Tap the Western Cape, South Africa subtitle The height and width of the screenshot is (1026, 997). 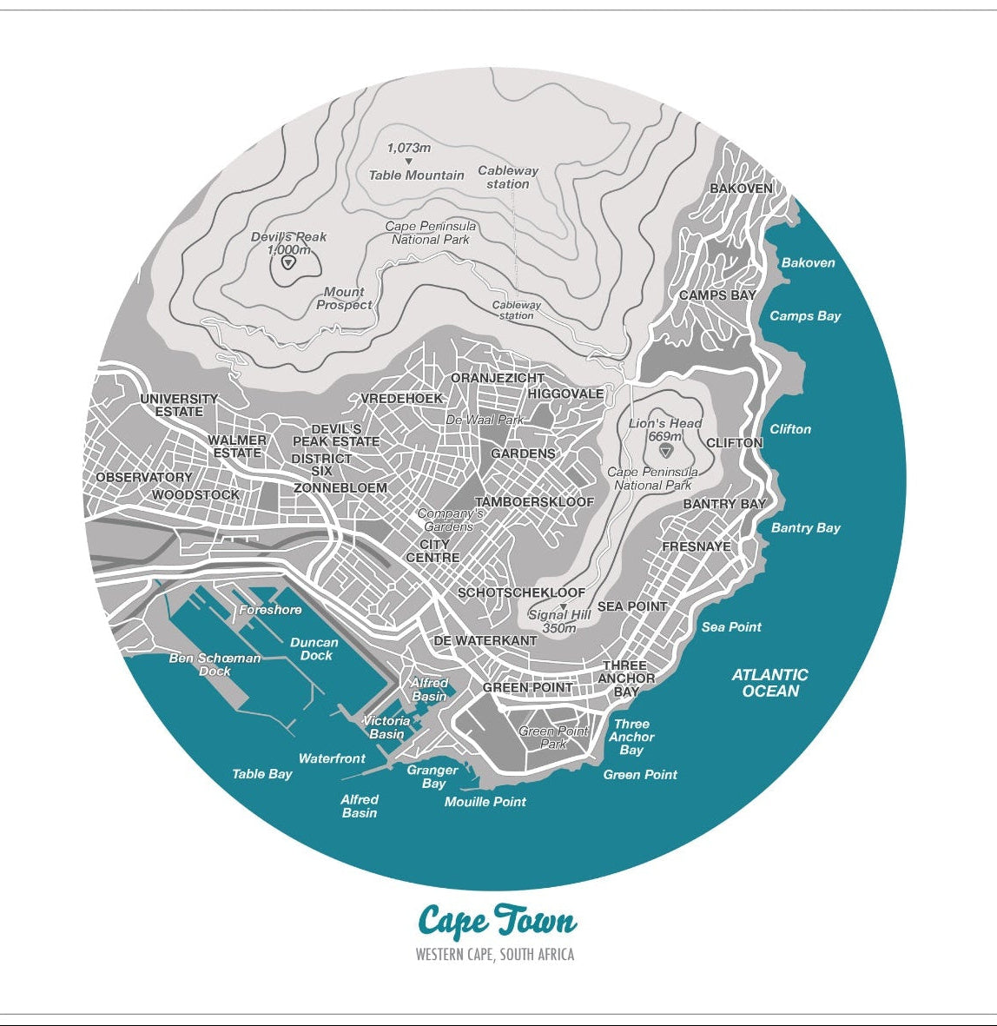(495, 955)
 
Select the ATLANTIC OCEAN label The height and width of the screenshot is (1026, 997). (769, 683)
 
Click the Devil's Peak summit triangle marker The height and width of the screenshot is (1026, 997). (288, 261)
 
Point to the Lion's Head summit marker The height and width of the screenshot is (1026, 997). (666, 451)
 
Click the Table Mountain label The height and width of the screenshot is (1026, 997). (416, 175)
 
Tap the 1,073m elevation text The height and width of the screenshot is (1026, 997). (408, 149)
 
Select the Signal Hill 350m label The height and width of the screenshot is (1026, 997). (559, 621)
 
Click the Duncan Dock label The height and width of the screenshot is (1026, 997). (314, 649)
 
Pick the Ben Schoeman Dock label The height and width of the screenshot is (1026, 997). (215, 665)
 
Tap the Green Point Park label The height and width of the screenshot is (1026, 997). (553, 738)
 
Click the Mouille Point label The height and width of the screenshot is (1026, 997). (485, 802)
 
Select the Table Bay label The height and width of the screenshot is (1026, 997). (261, 774)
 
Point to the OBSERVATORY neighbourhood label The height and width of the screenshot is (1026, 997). (144, 478)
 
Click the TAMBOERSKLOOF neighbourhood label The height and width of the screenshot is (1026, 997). (534, 502)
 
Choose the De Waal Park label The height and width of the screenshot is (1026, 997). (485, 420)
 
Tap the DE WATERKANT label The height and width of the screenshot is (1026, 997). (485, 640)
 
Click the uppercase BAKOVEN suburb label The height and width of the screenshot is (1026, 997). (741, 189)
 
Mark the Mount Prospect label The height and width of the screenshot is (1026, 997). (344, 299)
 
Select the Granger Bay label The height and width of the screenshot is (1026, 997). (432, 777)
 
